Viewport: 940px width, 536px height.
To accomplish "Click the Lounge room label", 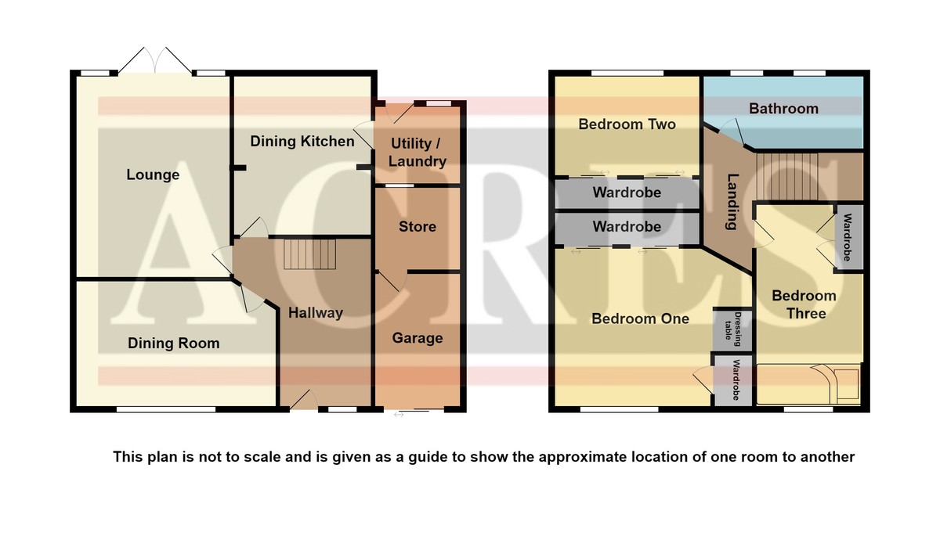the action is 153,174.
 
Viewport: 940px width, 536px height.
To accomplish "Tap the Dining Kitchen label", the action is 302,142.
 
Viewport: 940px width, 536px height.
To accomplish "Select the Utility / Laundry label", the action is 417,153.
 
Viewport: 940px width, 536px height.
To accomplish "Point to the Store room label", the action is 417,227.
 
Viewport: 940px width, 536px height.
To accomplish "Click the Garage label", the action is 417,338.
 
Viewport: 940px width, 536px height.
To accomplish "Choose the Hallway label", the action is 316,313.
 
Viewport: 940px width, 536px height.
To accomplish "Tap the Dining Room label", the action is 173,344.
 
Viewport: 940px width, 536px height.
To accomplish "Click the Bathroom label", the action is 783,109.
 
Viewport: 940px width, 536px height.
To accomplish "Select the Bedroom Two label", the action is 627,124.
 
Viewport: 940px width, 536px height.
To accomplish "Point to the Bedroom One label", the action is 641,319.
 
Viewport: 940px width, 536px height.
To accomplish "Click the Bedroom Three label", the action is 804,304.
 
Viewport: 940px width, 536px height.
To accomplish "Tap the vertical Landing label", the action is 732,202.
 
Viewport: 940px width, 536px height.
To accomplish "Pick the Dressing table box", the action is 732,329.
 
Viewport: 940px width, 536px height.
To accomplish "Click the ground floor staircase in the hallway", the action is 309,254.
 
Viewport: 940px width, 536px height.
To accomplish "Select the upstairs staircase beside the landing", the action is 788,176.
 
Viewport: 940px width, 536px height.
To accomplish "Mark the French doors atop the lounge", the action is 155,61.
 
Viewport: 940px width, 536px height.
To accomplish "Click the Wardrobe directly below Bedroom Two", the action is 627,192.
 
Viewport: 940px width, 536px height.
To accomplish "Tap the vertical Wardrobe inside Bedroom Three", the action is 848,237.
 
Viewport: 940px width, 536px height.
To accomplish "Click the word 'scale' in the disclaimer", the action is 262,456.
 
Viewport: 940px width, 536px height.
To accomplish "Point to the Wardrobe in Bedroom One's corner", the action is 733,380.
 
